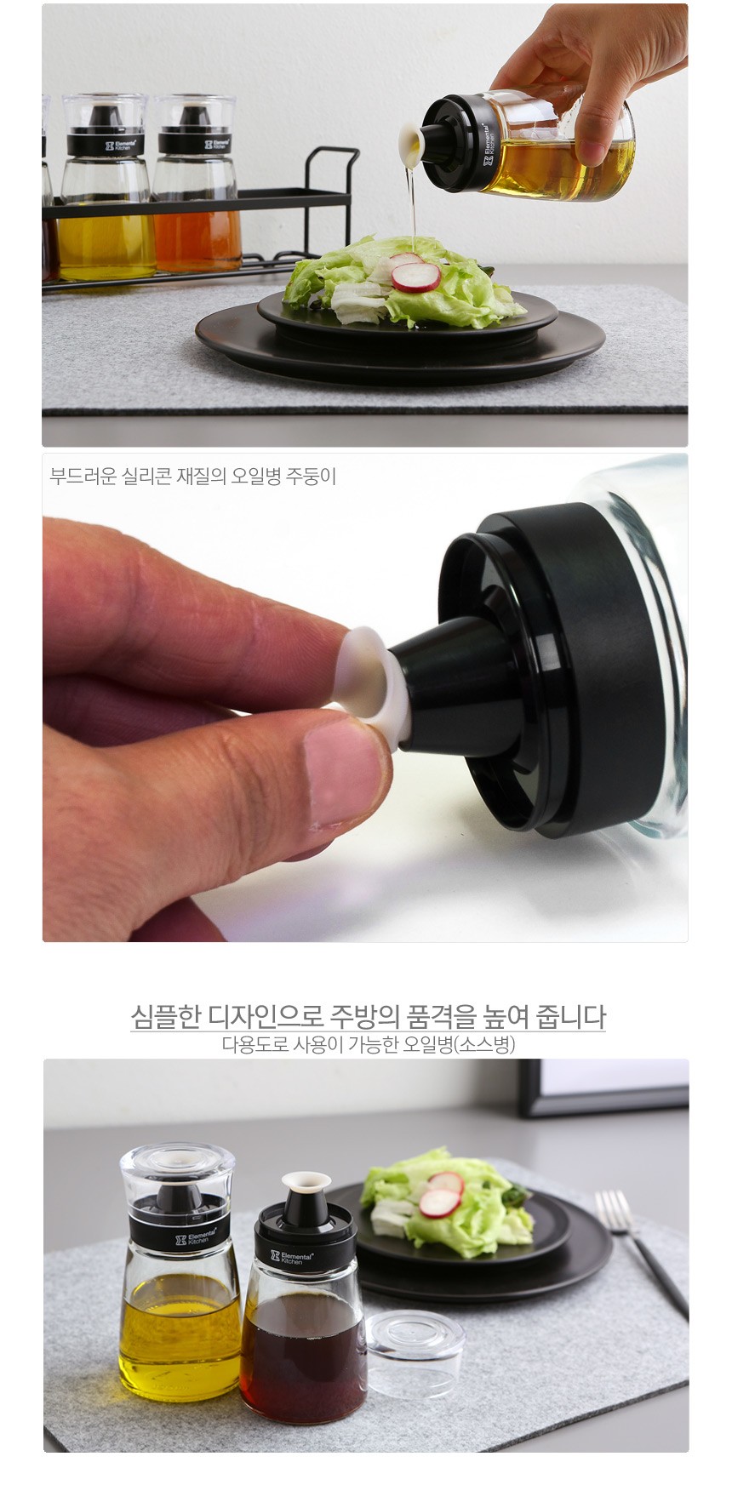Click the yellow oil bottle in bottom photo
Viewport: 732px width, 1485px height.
point(179,1272)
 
